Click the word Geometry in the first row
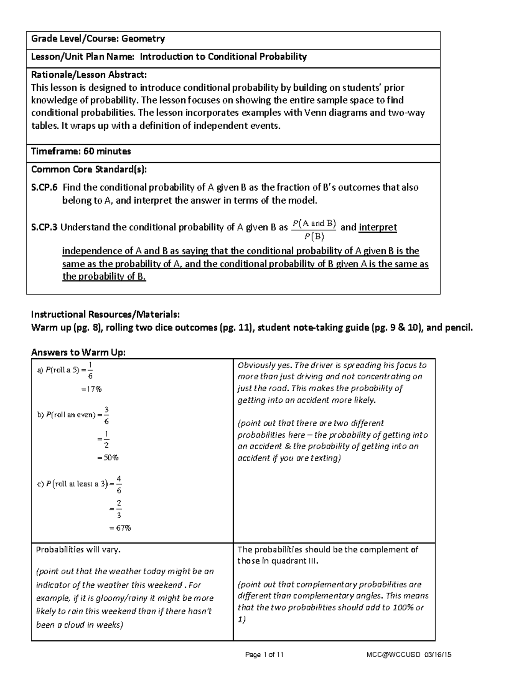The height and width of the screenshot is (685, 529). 143,39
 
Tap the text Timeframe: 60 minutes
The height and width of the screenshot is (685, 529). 81,151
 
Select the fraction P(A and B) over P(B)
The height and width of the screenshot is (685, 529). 314,230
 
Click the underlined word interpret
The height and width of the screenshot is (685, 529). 378,228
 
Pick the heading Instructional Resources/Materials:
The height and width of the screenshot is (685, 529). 105,314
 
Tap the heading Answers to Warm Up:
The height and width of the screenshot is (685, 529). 78,352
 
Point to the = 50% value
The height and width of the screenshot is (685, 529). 108,458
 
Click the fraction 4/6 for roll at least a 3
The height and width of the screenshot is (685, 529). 119,484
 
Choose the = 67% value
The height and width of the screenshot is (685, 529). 120,528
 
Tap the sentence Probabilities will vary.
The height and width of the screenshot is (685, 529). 78,550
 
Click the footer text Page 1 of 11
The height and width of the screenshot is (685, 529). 264,655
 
